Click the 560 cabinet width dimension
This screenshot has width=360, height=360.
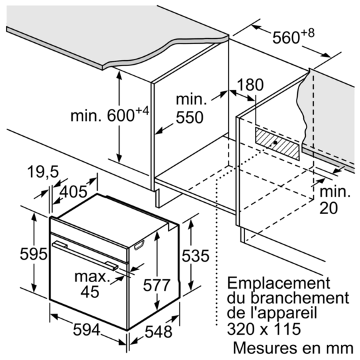286,37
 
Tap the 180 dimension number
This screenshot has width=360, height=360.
250,85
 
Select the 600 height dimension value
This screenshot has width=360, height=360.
121,116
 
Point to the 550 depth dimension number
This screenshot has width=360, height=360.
190,118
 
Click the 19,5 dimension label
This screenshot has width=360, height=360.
43,172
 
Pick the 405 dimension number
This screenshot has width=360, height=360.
73,192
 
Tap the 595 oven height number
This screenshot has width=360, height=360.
34,254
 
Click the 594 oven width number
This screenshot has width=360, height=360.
87,330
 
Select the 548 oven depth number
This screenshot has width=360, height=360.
159,332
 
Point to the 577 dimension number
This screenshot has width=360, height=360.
157,285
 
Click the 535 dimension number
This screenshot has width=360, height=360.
196,256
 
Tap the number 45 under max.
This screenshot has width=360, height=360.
90,292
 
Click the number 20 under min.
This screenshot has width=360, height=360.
329,208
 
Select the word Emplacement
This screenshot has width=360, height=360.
279,283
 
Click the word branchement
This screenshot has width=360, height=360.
301,298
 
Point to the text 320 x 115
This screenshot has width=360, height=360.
264,329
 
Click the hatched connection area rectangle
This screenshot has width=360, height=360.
277,143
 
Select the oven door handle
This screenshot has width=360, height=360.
85,256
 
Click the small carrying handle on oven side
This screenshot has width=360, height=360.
139,245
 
